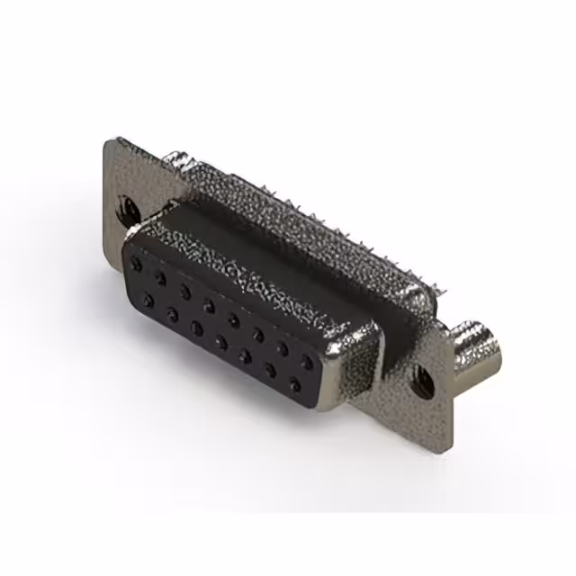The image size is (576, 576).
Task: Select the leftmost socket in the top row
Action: [x=137, y=265]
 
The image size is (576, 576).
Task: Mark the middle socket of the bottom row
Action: [x=220, y=342]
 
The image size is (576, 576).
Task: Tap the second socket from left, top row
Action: [x=161, y=278]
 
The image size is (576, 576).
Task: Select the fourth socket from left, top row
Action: [x=210, y=306]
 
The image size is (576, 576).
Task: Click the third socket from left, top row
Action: [x=185, y=292]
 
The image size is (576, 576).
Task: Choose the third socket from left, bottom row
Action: [x=196, y=328]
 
